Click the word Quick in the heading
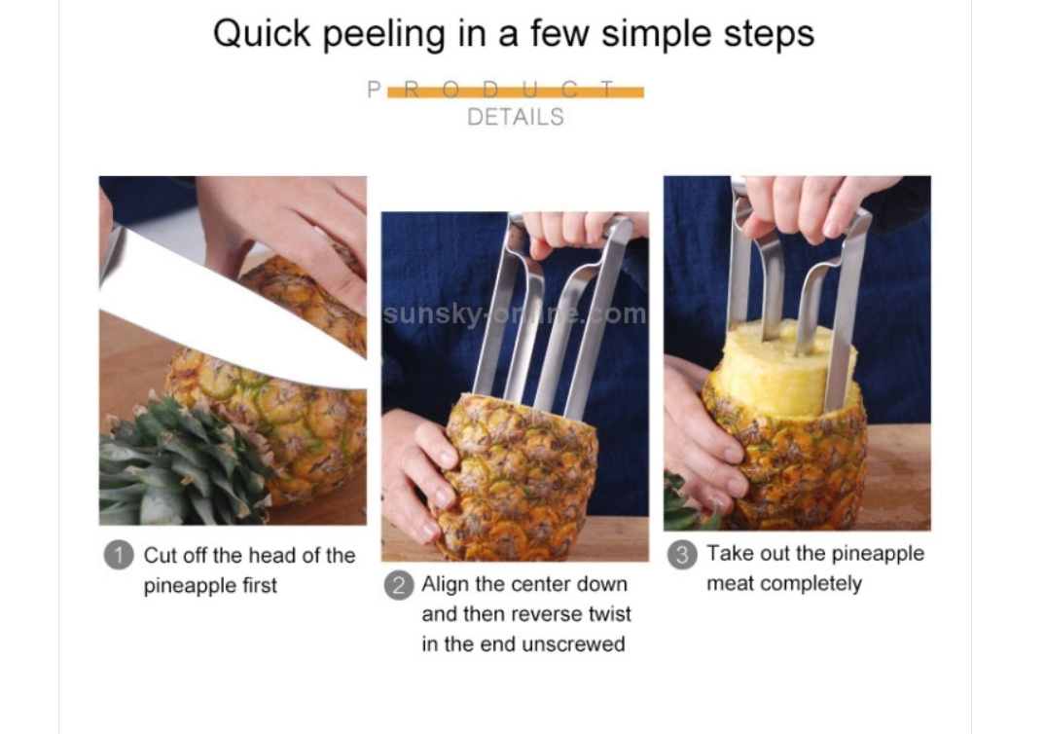coord(261,33)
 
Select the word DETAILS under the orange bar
coord(515,118)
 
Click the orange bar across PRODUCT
coord(515,92)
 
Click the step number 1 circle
coord(119,555)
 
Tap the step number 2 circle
coord(399,585)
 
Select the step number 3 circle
coord(682,555)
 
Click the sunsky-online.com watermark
coord(515,313)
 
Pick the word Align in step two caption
coord(444,585)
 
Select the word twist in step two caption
coord(609,614)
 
